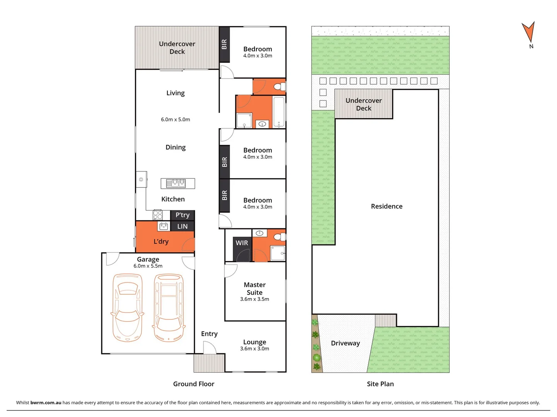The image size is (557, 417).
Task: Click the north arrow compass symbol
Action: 528,32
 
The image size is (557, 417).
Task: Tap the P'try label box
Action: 183,215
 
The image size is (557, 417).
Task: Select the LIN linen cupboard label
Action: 182,226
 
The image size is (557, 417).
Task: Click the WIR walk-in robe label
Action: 242,243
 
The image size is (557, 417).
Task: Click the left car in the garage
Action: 127,308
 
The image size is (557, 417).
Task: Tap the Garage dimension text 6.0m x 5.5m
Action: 148,266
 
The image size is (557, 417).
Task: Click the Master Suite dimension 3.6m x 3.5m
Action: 255,299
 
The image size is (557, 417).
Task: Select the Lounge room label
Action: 255,342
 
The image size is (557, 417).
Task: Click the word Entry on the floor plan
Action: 209,334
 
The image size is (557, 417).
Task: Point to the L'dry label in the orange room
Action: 161,242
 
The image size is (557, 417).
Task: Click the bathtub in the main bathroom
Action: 278,112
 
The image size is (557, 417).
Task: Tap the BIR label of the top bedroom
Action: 224,44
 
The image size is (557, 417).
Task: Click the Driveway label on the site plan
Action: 345,343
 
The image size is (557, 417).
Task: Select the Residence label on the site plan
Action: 386,207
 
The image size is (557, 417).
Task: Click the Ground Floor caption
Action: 193,384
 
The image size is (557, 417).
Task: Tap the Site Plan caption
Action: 380,384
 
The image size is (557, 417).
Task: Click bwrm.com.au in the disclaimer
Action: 46,403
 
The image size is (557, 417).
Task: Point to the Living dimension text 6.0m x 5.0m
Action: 175,120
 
